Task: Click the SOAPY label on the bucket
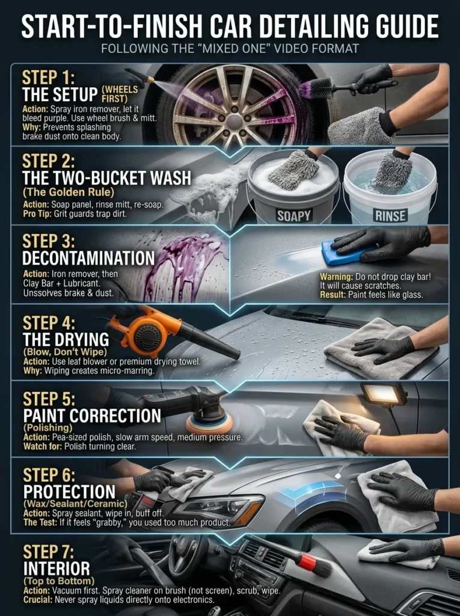tap(294, 215)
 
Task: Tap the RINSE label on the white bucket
tap(390, 215)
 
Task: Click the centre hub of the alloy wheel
tap(234, 122)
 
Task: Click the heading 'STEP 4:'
tap(49, 323)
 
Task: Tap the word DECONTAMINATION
tap(88, 258)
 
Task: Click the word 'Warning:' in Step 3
tap(337, 277)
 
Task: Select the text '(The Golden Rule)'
tap(69, 192)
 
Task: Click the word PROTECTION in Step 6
tap(69, 491)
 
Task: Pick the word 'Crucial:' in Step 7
tap(38, 600)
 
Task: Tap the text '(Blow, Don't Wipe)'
tap(65, 351)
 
